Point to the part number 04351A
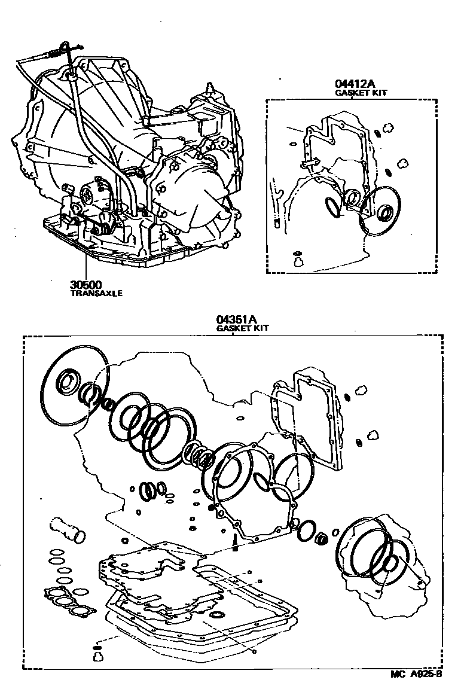coord(234,320)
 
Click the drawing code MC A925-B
coord(416,674)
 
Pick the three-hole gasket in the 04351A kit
coord(69,602)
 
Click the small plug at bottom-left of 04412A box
coord(297,259)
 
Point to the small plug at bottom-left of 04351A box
coord(97,655)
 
